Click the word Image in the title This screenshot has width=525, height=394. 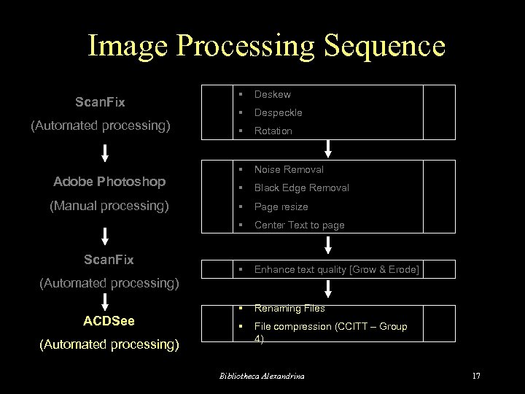[131, 46]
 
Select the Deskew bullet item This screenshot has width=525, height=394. [272, 94]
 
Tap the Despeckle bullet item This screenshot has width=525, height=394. [278, 112]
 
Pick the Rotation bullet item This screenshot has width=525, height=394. [273, 131]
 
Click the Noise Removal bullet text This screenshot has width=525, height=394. [289, 169]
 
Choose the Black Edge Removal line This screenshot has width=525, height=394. [301, 188]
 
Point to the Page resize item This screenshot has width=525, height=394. [281, 206]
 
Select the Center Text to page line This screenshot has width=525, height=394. [299, 225]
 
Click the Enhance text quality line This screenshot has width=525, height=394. [336, 269]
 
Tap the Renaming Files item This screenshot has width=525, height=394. [289, 308]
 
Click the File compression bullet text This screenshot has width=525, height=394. [330, 326]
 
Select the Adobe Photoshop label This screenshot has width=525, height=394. [109, 181]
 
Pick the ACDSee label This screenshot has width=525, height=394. [109, 320]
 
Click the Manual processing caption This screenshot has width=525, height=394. [109, 206]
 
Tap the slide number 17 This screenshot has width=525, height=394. [476, 376]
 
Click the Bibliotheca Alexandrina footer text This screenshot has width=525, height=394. [262, 376]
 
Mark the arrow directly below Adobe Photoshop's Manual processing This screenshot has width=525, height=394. [105, 235]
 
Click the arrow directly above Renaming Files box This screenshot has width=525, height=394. [329, 288]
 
